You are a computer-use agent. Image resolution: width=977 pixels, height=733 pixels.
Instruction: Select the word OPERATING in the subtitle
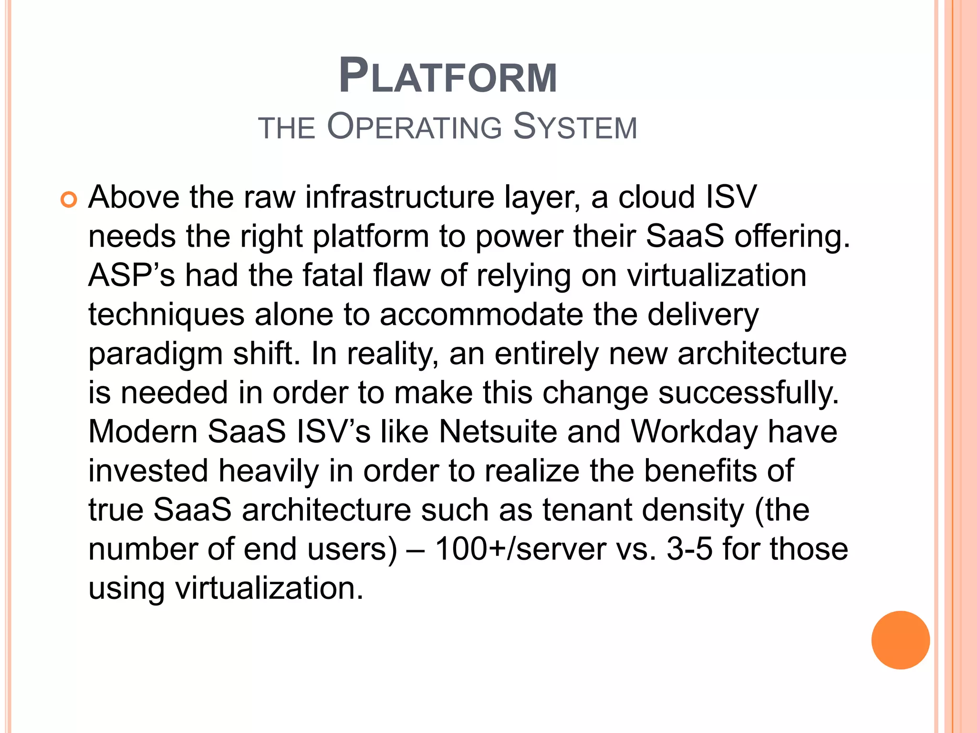pos(415,127)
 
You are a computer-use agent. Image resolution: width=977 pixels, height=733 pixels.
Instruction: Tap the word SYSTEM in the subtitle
pos(575,127)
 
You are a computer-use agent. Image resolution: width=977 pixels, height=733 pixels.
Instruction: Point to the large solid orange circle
pos(900,640)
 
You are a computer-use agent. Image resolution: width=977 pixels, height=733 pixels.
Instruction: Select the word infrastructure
pos(400,197)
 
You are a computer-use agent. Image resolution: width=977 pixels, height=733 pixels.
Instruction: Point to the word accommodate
pos(482,315)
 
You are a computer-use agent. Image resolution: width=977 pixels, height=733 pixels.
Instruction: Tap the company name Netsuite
pos(498,432)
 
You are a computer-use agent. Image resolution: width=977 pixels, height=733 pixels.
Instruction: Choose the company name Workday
pos(694,433)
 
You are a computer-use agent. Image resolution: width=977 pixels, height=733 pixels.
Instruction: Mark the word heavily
pos(269,471)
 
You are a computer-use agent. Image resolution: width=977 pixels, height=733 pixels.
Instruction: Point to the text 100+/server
pos(520,549)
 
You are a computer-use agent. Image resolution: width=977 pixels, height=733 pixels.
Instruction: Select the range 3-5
pos(689,549)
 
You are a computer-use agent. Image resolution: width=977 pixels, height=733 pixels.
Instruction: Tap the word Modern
pos(143,432)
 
